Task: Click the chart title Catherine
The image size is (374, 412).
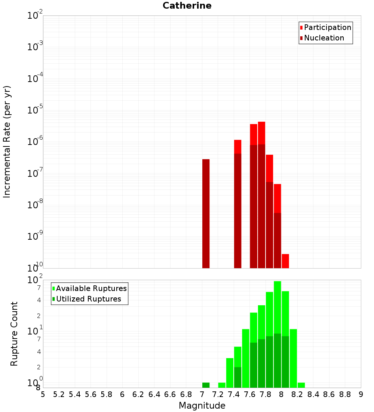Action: [x=187, y=6]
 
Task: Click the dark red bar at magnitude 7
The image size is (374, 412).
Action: [x=206, y=213]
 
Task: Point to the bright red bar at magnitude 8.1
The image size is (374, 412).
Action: [x=285, y=261]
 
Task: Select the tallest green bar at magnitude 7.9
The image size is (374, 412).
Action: [x=278, y=307]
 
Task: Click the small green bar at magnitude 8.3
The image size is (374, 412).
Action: [x=301, y=385]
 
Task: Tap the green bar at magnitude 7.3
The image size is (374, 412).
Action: [x=230, y=373]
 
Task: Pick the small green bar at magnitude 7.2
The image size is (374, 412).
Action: [x=222, y=385]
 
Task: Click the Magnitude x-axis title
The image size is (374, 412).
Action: [x=202, y=406]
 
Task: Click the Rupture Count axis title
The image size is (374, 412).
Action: [x=14, y=333]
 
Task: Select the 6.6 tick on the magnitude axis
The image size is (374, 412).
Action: [x=170, y=394]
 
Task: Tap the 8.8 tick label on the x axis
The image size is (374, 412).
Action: [x=345, y=394]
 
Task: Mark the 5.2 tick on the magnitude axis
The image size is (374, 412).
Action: [x=59, y=394]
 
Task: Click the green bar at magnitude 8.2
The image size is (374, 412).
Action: [x=293, y=358]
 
